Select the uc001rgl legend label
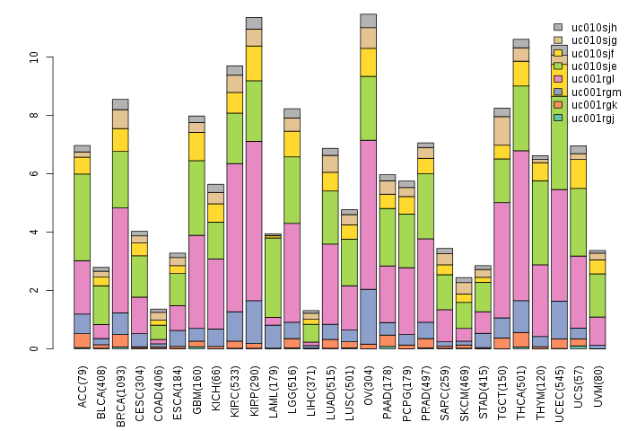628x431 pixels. (593, 79)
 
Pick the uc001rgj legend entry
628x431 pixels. (593, 118)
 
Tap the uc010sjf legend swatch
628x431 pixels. (558, 53)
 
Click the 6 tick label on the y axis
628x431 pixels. (33, 173)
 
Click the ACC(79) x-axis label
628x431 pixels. (83, 385)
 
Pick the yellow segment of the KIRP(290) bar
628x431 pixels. (254, 63)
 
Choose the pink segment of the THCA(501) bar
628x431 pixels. (521, 225)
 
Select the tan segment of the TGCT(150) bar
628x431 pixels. (502, 130)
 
